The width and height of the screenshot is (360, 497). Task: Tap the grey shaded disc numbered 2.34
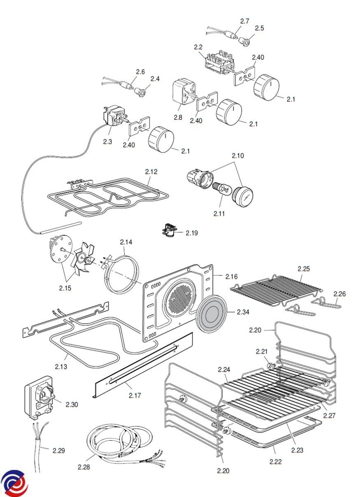(x=212, y=313)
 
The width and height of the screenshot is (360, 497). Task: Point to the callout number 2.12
(x=151, y=171)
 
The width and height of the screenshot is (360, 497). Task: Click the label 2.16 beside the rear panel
(x=231, y=277)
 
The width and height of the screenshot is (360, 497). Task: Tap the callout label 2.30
(x=72, y=405)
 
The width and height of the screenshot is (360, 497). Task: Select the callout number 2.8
(x=178, y=117)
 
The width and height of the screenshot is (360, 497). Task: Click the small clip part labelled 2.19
(x=169, y=232)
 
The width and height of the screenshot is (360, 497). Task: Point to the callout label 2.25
(x=304, y=269)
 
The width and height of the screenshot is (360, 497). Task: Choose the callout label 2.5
(x=259, y=28)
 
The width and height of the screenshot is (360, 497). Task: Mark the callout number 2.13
(x=61, y=367)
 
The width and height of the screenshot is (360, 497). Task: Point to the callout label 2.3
(x=107, y=142)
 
